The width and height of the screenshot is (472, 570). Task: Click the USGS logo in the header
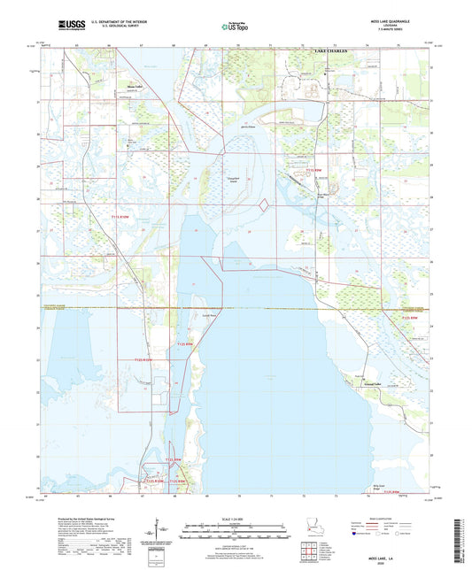tap(71, 27)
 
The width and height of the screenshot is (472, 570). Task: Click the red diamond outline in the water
tap(263, 205)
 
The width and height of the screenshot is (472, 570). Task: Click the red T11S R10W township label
tap(120, 215)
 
